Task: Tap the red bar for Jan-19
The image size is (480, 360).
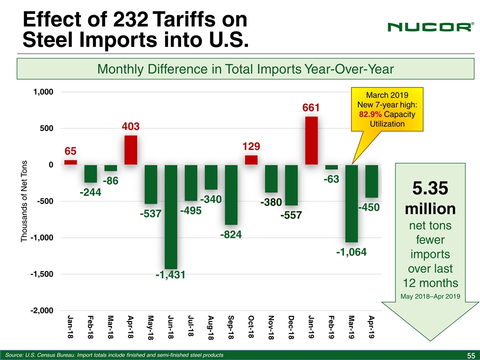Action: point(311,140)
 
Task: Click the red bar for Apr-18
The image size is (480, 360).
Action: point(131,150)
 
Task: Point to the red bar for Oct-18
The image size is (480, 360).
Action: point(251,160)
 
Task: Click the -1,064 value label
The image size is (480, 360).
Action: point(351,252)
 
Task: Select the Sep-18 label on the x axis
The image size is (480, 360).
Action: point(231,327)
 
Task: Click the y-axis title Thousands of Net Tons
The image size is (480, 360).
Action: point(25,202)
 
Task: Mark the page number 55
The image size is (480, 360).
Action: point(470,355)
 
